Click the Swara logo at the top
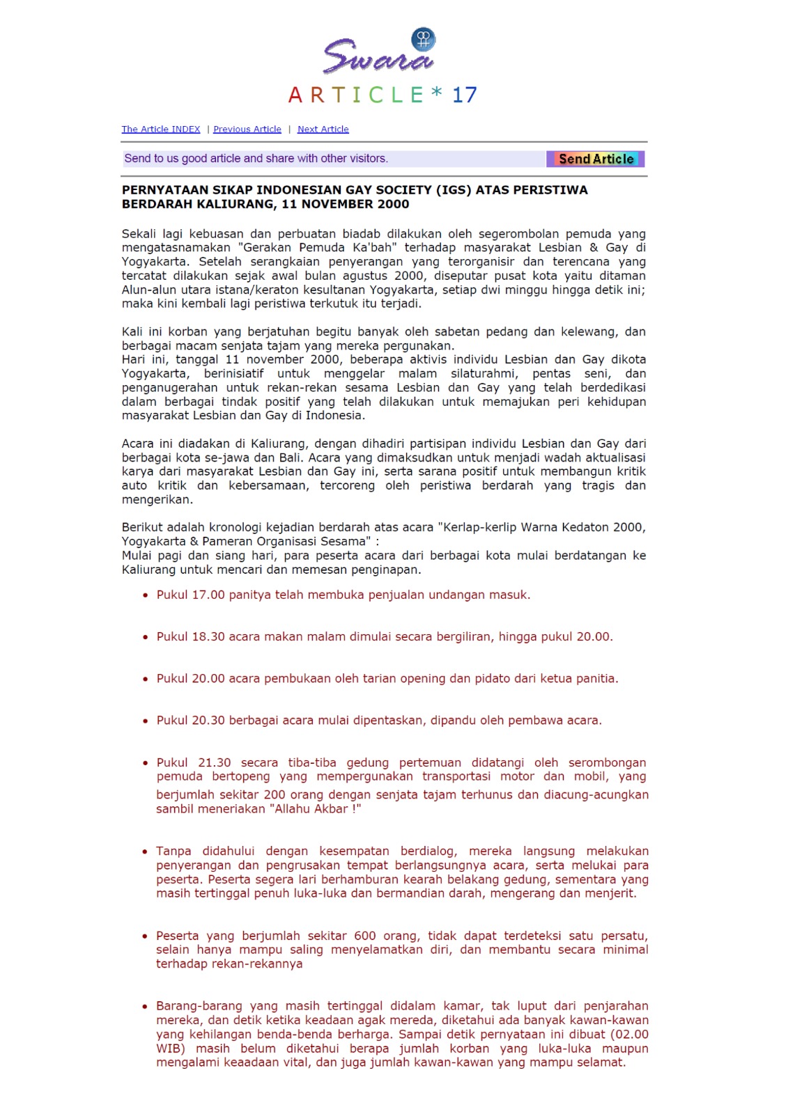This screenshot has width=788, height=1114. pyautogui.click(x=379, y=52)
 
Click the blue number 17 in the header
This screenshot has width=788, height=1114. pyautogui.click(x=464, y=95)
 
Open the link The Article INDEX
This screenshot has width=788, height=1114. pyautogui.click(x=161, y=130)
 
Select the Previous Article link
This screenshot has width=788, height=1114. pyautogui.click(x=247, y=130)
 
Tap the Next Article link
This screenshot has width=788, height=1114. pyautogui.click(x=323, y=130)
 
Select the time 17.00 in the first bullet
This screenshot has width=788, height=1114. pyautogui.click(x=208, y=595)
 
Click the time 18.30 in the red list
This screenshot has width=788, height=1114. pyautogui.click(x=208, y=637)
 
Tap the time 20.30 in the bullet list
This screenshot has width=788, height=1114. pyautogui.click(x=208, y=721)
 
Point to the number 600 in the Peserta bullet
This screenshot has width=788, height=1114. pyautogui.click(x=365, y=936)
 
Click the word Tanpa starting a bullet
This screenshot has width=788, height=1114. pyautogui.click(x=173, y=852)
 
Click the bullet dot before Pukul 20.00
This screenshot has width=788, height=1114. pyautogui.click(x=145, y=680)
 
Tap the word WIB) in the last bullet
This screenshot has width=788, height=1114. pyautogui.click(x=171, y=1049)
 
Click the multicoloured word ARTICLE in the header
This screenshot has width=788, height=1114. pyautogui.click(x=356, y=95)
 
